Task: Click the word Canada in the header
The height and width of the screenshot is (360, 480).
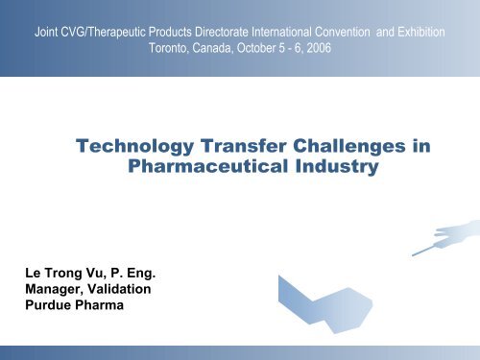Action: (228, 47)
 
